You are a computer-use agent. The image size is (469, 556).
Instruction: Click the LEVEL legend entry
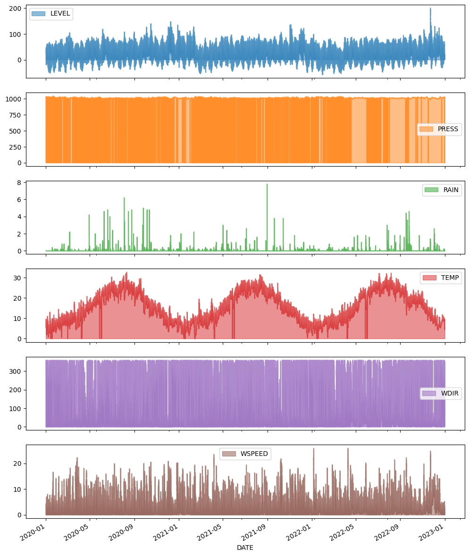50,14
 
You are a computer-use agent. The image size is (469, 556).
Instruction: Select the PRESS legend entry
439,129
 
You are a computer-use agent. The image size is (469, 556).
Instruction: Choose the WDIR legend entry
440,394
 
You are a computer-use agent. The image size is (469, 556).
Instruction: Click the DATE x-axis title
245,548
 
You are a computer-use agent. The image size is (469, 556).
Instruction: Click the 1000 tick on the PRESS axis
15,99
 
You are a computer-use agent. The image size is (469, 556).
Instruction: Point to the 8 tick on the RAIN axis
20,183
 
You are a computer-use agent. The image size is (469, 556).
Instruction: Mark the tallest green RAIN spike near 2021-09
267,185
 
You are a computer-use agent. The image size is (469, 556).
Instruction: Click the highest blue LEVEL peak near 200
430,8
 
